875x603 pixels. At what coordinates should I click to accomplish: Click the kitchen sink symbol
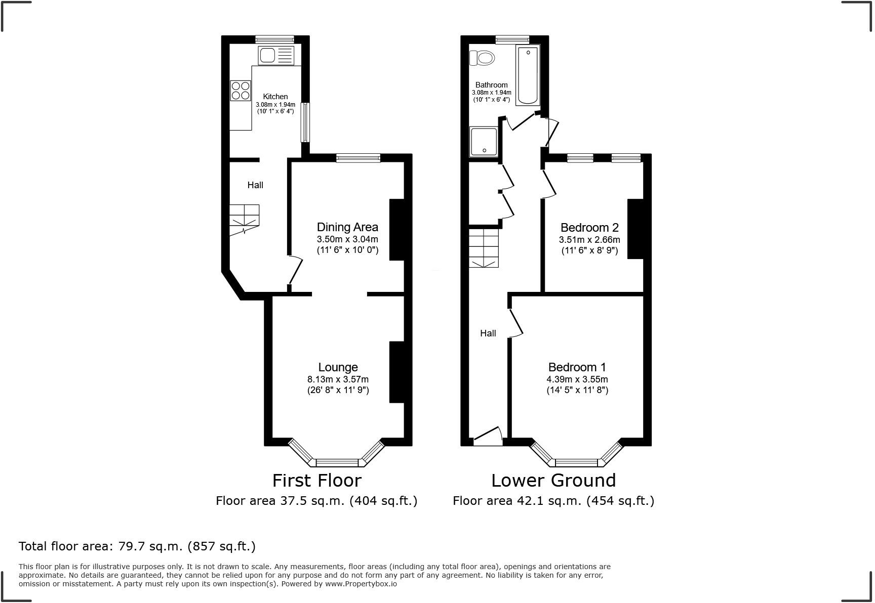coord(276,55)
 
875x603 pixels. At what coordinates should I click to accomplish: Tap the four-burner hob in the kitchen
coord(241,91)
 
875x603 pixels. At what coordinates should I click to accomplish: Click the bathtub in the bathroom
coord(528,75)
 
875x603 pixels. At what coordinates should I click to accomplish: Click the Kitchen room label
coord(275,97)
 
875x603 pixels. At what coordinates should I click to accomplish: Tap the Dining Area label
coord(347,227)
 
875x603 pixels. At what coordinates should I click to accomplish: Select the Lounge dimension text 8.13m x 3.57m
coord(338,379)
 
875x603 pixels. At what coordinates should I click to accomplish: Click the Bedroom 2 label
coord(589,227)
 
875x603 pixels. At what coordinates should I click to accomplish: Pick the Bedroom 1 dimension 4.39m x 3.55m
coord(577,379)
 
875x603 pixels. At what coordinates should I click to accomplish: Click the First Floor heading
coord(317,480)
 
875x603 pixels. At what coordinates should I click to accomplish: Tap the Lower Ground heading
coord(553,480)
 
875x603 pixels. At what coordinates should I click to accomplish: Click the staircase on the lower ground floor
coord(484,248)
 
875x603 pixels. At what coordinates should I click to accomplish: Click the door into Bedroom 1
coord(515,323)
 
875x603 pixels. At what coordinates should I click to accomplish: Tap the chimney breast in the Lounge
coord(396,372)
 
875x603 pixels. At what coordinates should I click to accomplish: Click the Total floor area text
coord(137,546)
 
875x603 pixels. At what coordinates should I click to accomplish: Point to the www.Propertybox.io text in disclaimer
coord(361,584)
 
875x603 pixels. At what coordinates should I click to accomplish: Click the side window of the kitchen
coord(305,122)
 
